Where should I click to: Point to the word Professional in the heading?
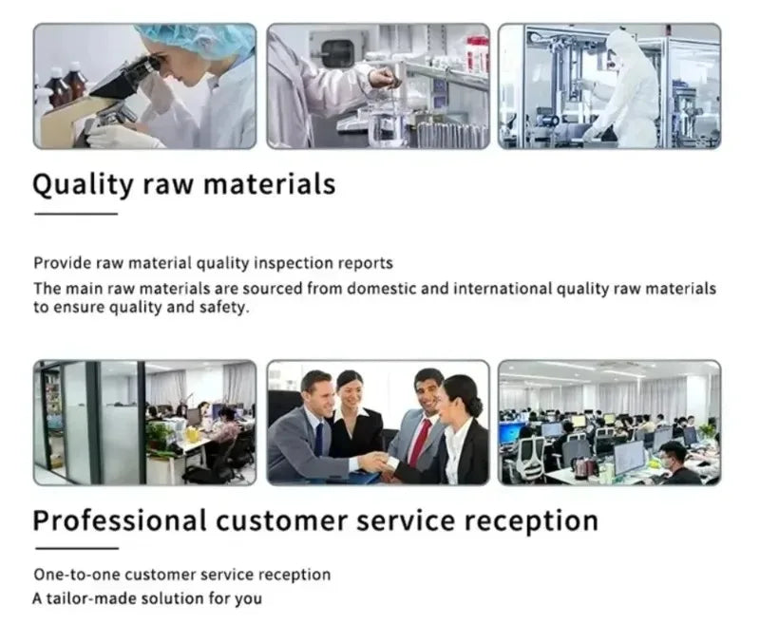120,520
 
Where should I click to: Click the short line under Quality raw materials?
76,214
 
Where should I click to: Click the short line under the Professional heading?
77,549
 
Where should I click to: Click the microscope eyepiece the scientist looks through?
149,64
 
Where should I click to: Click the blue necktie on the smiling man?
318,440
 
